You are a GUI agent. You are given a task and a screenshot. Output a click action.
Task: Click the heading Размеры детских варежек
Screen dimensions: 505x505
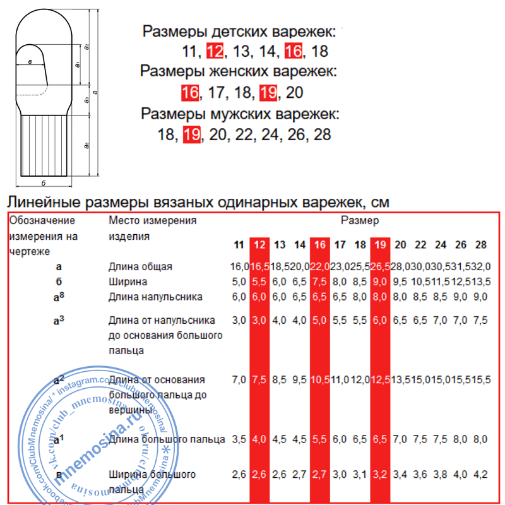[x=241, y=32]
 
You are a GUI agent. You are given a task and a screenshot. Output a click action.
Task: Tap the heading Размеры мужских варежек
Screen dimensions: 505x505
[x=240, y=114]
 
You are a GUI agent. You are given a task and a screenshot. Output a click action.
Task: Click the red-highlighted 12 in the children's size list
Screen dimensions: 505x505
[x=215, y=52]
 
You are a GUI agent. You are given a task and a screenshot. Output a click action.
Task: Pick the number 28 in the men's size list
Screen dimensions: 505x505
[x=322, y=135]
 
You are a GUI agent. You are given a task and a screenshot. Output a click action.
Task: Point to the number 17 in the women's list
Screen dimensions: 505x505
[x=217, y=93]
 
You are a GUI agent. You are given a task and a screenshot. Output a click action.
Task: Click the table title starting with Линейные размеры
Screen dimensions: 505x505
[x=198, y=203]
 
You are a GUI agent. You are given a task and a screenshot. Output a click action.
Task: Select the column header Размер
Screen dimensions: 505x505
[x=360, y=221]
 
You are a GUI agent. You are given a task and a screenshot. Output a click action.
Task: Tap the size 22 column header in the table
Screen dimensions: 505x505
[x=420, y=245]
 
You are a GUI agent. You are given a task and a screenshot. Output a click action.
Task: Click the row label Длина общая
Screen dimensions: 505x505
[x=141, y=267]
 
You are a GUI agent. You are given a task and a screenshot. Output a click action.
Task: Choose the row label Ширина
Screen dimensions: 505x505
[x=128, y=281]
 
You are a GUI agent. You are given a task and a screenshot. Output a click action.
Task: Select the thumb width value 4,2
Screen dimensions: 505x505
[x=480, y=473]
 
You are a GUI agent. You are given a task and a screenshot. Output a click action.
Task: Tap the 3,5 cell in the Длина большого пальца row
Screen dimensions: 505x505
[x=239, y=438]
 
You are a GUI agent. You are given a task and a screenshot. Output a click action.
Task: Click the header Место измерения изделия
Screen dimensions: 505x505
[x=152, y=228]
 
